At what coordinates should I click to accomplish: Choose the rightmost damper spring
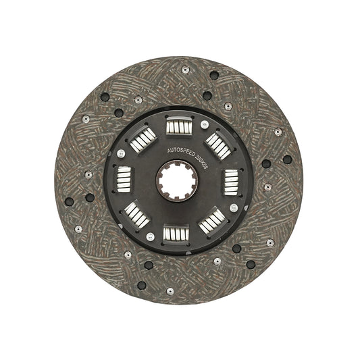(232, 181)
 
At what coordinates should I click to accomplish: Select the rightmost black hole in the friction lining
(287, 159)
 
